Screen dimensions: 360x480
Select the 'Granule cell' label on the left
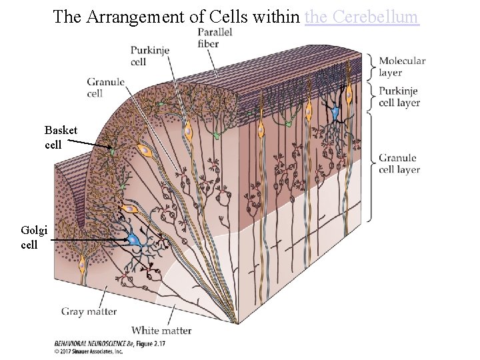coord(105,87)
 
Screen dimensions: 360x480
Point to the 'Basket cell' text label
coord(61,137)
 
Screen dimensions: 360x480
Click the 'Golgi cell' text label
coord(34,237)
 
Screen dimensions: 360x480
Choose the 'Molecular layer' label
coord(402,66)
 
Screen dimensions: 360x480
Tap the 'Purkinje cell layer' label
coord(399,97)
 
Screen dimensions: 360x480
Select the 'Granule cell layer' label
coord(399,163)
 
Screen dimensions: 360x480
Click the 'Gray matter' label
coord(89,311)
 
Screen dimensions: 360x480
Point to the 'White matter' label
coord(161,330)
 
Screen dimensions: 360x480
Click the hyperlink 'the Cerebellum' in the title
coord(361,16)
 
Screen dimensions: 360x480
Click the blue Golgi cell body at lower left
coord(135,239)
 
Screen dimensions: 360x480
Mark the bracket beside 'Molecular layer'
coord(371,67)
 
